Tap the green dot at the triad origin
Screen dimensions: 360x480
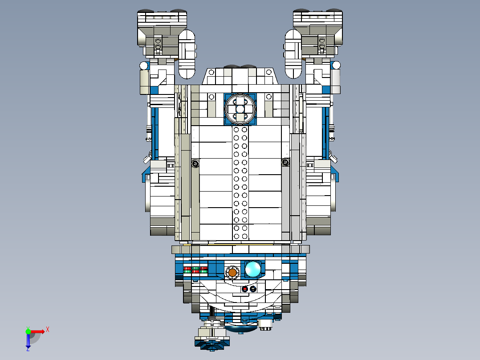[28, 331]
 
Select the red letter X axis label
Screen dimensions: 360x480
[47, 330]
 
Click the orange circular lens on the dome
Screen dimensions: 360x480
[232, 271]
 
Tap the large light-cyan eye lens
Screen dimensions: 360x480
[253, 269]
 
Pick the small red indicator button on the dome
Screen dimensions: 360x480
[244, 289]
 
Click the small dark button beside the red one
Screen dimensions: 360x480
[253, 289]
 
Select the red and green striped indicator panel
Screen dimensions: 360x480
[196, 270]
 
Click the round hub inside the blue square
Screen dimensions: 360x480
[240, 109]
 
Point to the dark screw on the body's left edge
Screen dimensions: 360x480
[195, 164]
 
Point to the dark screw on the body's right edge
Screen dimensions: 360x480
[285, 163]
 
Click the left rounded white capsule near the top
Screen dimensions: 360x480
[187, 53]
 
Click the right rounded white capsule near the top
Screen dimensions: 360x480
[293, 53]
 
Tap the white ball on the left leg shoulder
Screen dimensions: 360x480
[143, 66]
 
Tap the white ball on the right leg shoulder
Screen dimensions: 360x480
[336, 66]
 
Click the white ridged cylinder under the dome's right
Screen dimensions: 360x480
[265, 325]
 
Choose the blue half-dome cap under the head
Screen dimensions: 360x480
[240, 329]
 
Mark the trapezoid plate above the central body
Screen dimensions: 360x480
[240, 77]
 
